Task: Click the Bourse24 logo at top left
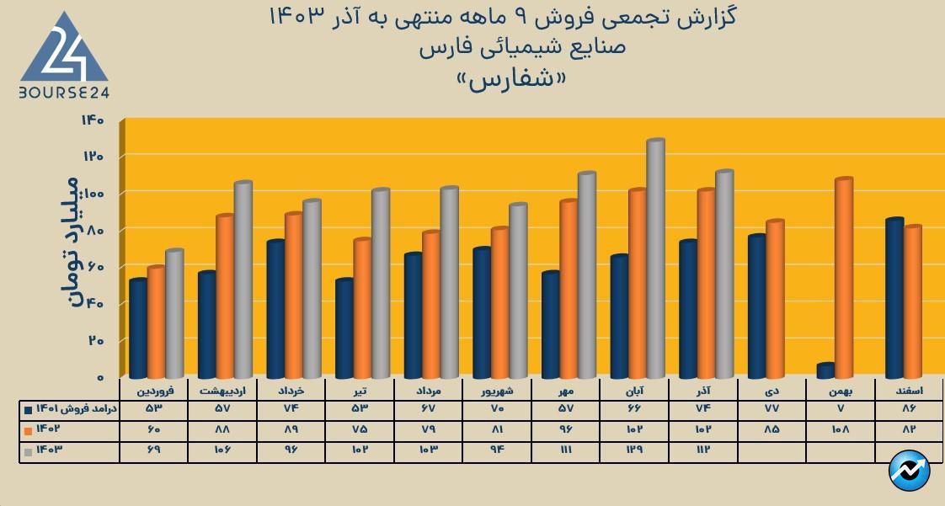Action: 64,56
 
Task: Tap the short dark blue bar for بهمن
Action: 825,370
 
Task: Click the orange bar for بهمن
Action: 843,278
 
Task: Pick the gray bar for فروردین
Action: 174,313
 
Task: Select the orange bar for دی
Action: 774,299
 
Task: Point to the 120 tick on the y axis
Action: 93,157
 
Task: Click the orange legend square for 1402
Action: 29,429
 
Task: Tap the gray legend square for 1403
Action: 29,450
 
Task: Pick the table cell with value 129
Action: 634,450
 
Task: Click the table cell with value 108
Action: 841,429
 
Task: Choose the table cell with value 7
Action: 841,409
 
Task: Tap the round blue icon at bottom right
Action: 910,471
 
